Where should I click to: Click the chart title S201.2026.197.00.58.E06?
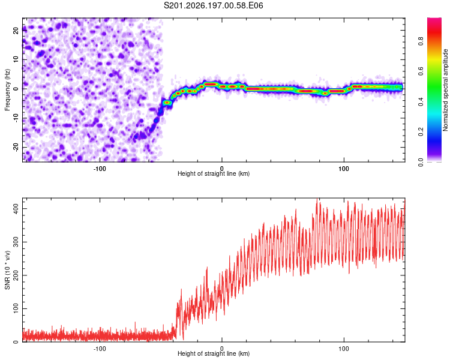pyautogui.click(x=213, y=5)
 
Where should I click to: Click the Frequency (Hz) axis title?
pyautogui.click(x=7, y=90)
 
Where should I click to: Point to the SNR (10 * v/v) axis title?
pyautogui.click(x=7, y=270)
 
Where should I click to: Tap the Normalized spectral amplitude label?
pyautogui.click(x=445, y=90)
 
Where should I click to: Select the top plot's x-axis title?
pyautogui.click(x=214, y=173)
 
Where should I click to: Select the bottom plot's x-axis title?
pyautogui.click(x=214, y=353)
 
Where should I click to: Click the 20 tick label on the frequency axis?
pyautogui.click(x=16, y=30)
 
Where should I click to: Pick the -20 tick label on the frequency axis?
pyautogui.click(x=16, y=147)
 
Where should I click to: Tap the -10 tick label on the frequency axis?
pyautogui.click(x=16, y=118)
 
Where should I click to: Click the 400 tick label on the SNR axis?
pyautogui.click(x=16, y=209)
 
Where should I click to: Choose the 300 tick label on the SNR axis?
pyautogui.click(x=16, y=242)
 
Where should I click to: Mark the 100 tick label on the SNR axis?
pyautogui.click(x=16, y=308)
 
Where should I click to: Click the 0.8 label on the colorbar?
pyautogui.click(x=421, y=41)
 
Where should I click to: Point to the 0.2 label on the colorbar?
pyautogui.click(x=421, y=131)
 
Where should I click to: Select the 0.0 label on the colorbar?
pyautogui.click(x=421, y=162)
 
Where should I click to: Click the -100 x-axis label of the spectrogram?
pyautogui.click(x=100, y=169)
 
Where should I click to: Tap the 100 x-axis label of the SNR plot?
pyautogui.click(x=344, y=349)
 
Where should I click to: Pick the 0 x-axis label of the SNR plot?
pyautogui.click(x=221, y=349)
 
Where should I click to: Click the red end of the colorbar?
pyautogui.click(x=434, y=20)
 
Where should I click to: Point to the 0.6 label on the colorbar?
pyautogui.click(x=421, y=71)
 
